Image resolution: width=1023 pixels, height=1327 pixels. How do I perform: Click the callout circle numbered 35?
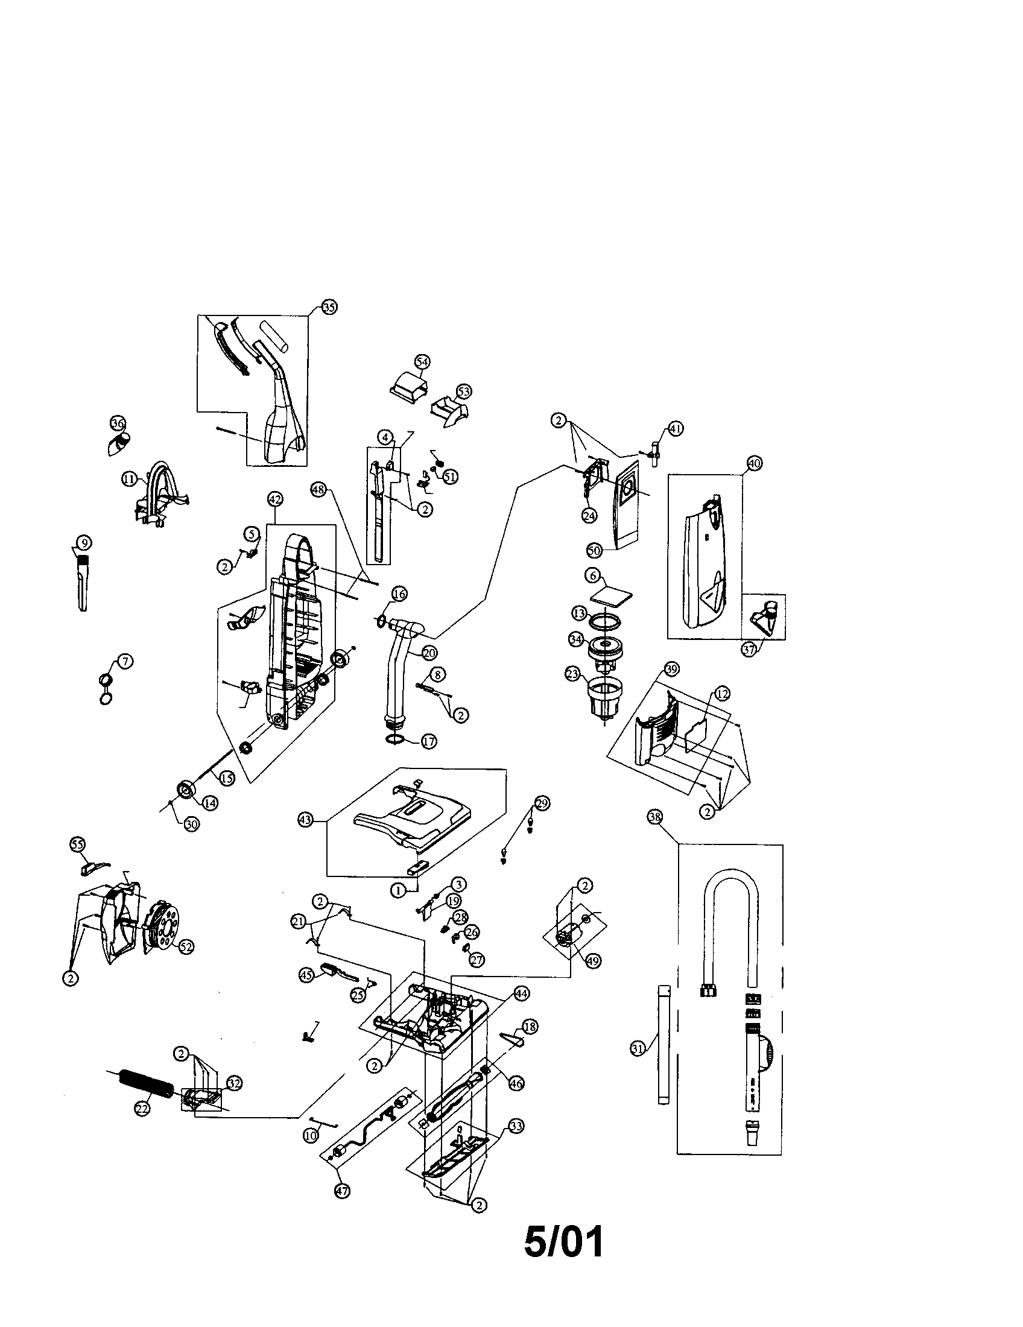point(329,308)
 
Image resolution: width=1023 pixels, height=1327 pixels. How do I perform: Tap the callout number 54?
point(422,361)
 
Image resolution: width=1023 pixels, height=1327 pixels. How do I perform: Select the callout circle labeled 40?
point(754,463)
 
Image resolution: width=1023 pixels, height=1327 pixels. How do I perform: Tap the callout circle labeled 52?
point(185,946)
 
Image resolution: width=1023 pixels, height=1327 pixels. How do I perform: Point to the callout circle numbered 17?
point(429,742)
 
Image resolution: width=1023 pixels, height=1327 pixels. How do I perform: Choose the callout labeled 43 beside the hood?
point(306,820)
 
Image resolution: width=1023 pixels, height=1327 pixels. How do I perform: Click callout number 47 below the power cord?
point(343,1191)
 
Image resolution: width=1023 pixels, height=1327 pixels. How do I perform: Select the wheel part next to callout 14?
point(185,790)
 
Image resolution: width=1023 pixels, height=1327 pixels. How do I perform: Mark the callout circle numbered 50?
point(594,551)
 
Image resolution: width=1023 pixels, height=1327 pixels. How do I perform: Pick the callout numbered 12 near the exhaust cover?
point(722,693)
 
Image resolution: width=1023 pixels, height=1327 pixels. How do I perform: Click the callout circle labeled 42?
point(274,499)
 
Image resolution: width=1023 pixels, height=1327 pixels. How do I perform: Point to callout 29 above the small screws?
point(542,803)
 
